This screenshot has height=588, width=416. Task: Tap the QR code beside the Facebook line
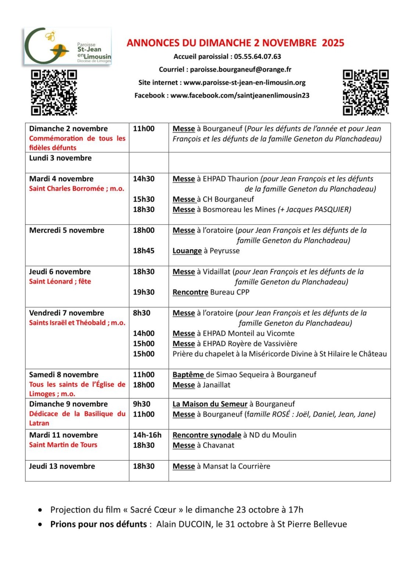coord(365,92)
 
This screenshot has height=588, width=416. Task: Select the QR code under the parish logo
coord(54,92)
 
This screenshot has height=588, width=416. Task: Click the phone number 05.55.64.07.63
coord(257,57)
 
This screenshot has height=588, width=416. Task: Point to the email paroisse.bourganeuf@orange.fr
coord(240,69)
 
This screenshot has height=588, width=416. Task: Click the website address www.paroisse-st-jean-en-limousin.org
coord(244,83)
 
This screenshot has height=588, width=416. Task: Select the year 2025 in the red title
coord(333,43)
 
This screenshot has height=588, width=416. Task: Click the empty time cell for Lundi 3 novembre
coord(148,162)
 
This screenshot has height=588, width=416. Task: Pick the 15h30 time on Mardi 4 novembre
coord(144,199)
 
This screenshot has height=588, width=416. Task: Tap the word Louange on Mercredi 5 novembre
coord(187,251)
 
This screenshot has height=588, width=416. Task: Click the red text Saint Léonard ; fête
coord(60,282)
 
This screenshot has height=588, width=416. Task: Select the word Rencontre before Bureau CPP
coord(190,292)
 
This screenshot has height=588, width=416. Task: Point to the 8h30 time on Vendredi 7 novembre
coord(141,313)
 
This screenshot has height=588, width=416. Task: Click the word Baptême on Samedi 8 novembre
coord(188,375)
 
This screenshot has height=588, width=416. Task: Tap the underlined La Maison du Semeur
coord(210,404)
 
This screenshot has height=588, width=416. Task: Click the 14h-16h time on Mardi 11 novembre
coord(147,435)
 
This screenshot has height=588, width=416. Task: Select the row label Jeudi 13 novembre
coord(62,466)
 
